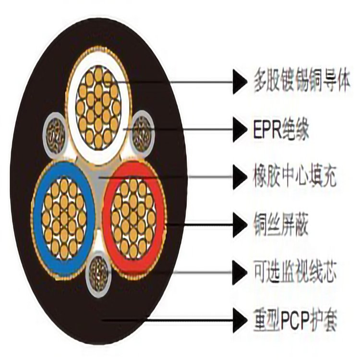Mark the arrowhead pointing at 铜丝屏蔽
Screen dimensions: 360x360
pyautogui.click(x=240, y=224)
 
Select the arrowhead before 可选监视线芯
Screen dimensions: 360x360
pyautogui.click(x=240, y=272)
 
